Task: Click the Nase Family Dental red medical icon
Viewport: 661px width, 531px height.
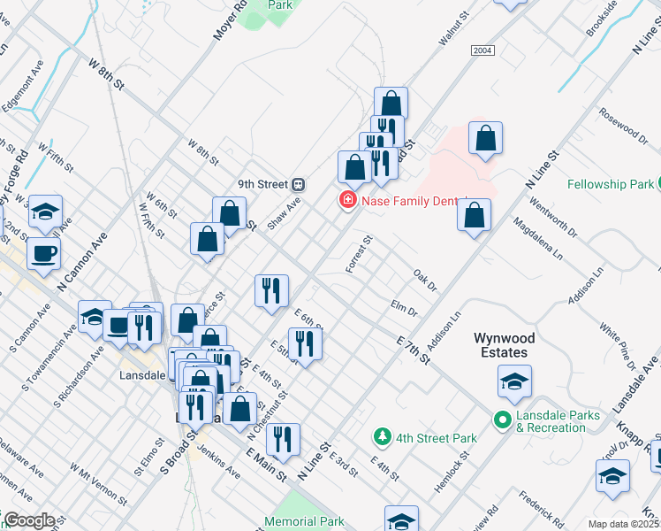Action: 348,202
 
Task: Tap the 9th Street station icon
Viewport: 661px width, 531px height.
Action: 299,184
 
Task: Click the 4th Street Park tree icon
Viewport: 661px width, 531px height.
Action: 382,436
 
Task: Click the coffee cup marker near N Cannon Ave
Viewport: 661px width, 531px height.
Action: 43,254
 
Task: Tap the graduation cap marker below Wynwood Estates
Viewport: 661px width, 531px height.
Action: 513,381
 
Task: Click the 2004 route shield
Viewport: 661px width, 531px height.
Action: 482,51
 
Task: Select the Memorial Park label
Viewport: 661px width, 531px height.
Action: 305,522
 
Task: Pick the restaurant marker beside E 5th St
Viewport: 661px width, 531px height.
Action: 305,342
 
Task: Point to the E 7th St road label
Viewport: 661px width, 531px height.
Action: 413,348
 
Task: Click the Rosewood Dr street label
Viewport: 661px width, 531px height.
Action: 624,126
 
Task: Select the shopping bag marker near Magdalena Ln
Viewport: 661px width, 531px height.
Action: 474,215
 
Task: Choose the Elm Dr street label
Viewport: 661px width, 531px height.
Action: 404,306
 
